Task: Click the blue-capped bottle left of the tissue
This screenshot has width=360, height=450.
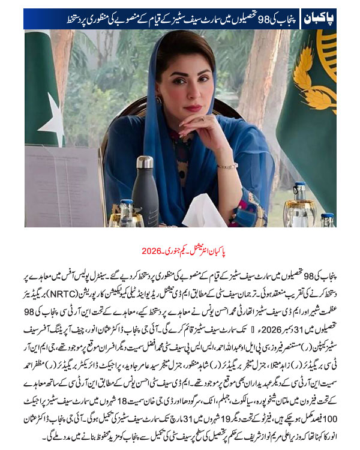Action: (127, 212)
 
